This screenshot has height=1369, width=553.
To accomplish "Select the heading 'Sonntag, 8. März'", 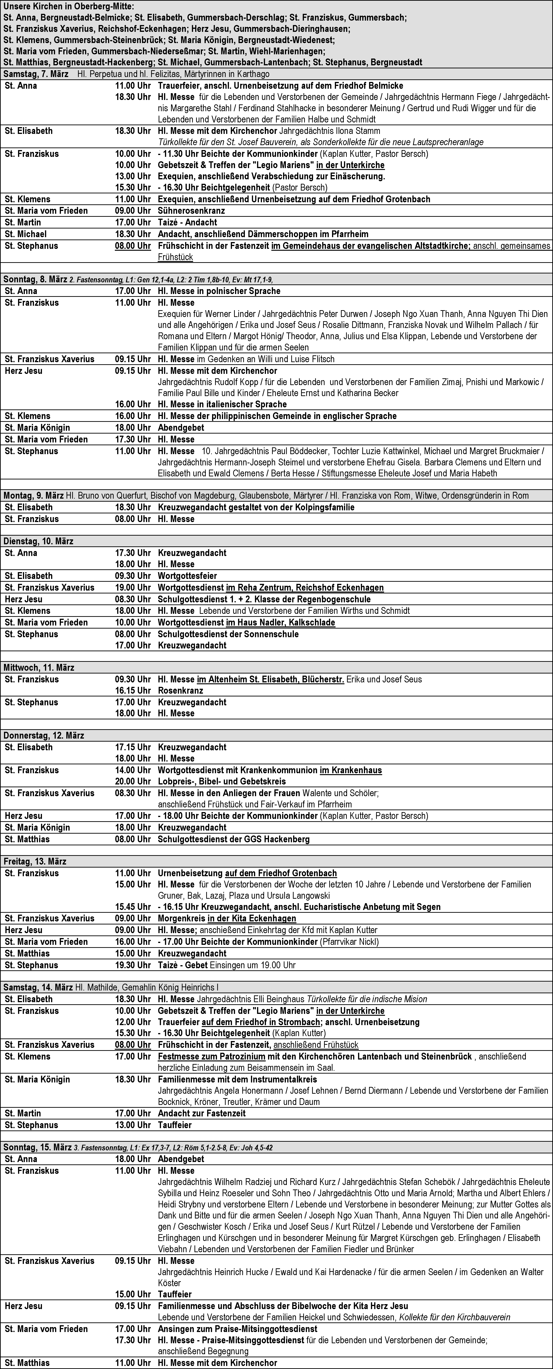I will tap(36, 280).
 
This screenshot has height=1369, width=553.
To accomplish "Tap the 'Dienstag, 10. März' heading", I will tap(38, 541).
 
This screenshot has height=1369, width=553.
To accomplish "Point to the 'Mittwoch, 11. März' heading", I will tap(38, 667).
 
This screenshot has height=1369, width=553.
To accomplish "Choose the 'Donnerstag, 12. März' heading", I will tap(44, 736).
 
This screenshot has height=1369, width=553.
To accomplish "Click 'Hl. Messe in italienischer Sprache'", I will tap(222, 405).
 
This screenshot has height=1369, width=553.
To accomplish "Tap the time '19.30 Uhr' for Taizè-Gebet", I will tap(133, 965).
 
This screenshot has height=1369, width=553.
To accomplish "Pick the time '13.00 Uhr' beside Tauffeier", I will tap(133, 1125).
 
